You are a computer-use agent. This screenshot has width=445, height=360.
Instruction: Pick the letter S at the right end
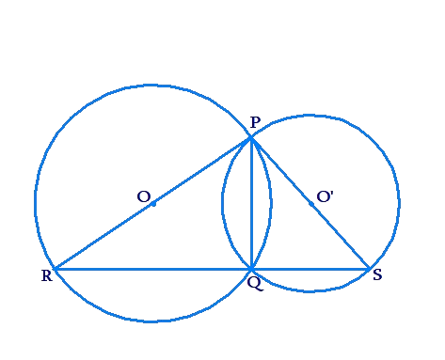[376, 275]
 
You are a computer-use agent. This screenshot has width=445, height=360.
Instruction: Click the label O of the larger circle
[142, 196]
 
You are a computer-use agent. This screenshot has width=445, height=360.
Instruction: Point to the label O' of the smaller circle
[325, 196]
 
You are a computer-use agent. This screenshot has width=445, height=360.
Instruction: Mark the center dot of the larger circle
[153, 203]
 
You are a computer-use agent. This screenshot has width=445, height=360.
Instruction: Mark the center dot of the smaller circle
[310, 203]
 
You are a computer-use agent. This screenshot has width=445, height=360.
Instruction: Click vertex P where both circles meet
[252, 138]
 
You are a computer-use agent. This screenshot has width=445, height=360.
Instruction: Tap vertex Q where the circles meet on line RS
[252, 269]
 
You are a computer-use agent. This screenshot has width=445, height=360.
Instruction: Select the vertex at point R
[55, 269]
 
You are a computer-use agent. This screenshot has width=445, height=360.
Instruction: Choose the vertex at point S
[368, 269]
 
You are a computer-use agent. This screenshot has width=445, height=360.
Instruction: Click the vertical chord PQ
[252, 207]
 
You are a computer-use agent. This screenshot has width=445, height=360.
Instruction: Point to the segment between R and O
[103, 236]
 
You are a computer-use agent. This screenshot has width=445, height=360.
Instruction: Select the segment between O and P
[202, 171]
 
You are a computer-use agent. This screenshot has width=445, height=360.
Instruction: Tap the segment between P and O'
[281, 170]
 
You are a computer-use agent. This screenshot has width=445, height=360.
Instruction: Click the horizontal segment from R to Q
[151, 269]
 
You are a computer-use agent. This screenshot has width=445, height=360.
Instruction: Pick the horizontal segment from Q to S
[310, 269]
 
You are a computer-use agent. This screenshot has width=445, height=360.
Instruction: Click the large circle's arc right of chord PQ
[271, 202]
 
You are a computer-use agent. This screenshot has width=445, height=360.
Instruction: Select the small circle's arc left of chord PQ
[222, 202]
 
